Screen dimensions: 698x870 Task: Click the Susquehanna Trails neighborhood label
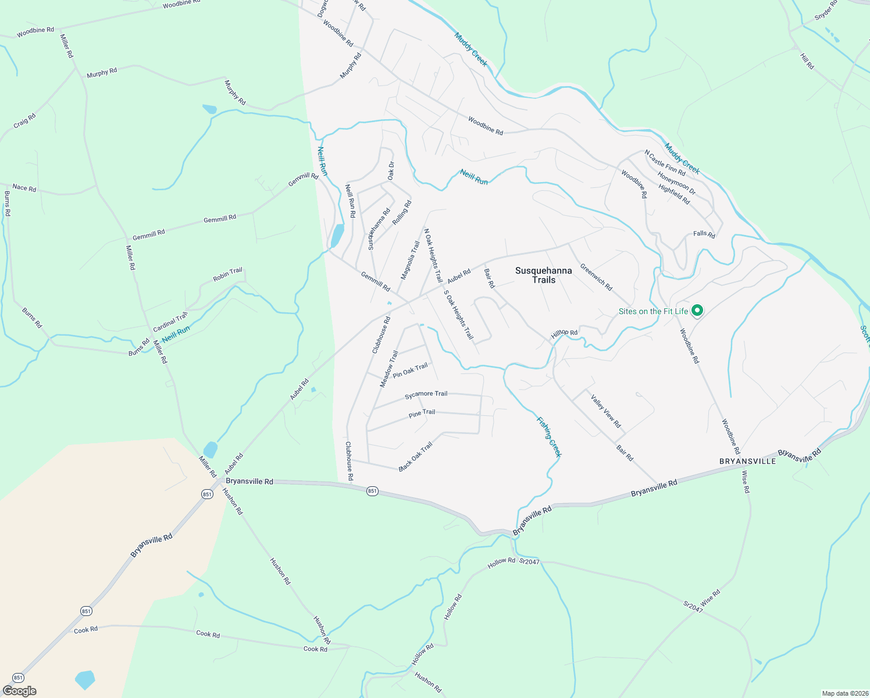point(543,275)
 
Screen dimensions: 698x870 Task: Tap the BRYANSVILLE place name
point(747,461)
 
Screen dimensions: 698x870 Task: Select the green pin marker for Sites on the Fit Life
point(697,311)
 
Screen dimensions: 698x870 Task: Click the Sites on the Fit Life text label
point(653,312)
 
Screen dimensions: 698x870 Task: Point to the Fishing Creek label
point(548,437)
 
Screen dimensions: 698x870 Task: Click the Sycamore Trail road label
point(426,394)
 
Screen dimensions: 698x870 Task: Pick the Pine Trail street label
point(422,413)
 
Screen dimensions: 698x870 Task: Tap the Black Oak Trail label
point(416,457)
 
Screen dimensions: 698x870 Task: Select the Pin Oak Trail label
point(410,371)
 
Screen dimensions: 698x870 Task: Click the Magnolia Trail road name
point(410,260)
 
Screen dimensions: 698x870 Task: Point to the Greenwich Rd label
point(596,277)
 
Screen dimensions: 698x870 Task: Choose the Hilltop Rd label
point(564,334)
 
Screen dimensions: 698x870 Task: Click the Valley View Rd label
point(605,411)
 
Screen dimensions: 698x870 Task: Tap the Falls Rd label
point(704,234)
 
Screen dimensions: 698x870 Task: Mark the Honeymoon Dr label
point(676,182)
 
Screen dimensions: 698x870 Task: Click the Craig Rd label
point(24,121)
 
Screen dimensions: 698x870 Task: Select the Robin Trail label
point(227,275)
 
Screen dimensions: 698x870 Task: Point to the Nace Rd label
point(24,188)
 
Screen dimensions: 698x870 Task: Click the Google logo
point(20,691)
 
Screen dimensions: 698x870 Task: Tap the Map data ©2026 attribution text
point(844,693)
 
